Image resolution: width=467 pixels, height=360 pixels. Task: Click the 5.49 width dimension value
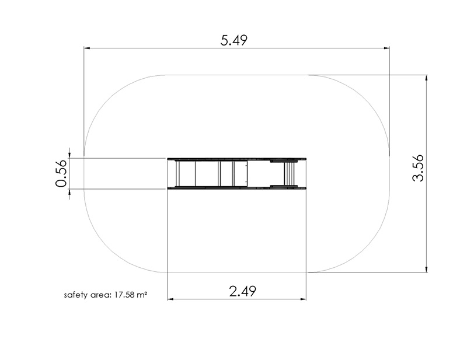click(234, 40)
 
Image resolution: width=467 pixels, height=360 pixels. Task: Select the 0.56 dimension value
click(61, 173)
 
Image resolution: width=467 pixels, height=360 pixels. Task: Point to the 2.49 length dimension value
click(242, 291)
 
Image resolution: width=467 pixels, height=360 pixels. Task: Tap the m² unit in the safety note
click(142, 295)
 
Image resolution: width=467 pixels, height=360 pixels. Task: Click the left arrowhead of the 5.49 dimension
click(86, 48)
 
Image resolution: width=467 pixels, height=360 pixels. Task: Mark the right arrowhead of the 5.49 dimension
click(386, 48)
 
